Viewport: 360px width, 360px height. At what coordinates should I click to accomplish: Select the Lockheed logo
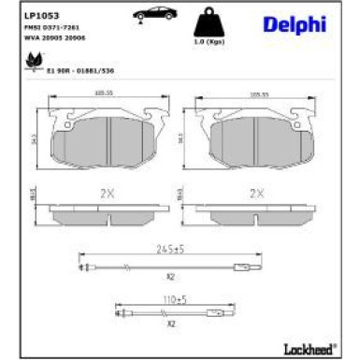click(309, 348)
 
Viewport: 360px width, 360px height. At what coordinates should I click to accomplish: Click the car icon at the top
click(151, 16)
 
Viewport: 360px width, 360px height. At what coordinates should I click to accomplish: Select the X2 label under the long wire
click(171, 278)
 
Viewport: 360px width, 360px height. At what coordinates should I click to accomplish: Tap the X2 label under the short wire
click(171, 323)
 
